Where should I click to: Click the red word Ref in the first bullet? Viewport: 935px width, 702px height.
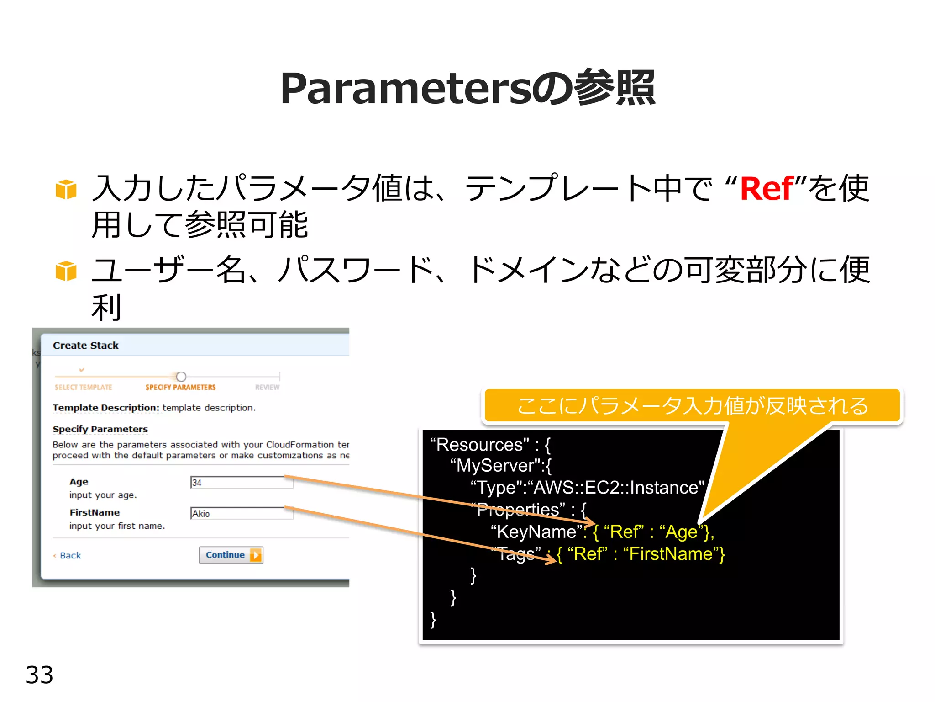point(767,188)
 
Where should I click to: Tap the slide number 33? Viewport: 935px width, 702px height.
point(39,675)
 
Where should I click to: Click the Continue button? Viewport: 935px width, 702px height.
point(231,555)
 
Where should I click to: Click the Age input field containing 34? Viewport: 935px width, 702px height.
point(242,482)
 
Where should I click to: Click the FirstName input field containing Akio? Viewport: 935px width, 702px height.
point(242,513)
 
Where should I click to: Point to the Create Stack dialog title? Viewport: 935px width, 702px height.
point(85,346)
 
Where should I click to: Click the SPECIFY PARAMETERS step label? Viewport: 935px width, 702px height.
point(180,387)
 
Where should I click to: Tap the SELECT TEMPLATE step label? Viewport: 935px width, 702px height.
point(83,387)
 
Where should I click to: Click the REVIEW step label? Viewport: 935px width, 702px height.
point(267,387)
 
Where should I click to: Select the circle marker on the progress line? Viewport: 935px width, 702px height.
point(181,377)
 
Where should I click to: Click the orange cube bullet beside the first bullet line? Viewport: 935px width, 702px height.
point(66,189)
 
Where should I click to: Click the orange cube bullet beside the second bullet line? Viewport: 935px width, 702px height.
point(66,271)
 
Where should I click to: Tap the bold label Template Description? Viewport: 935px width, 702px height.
point(105,407)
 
